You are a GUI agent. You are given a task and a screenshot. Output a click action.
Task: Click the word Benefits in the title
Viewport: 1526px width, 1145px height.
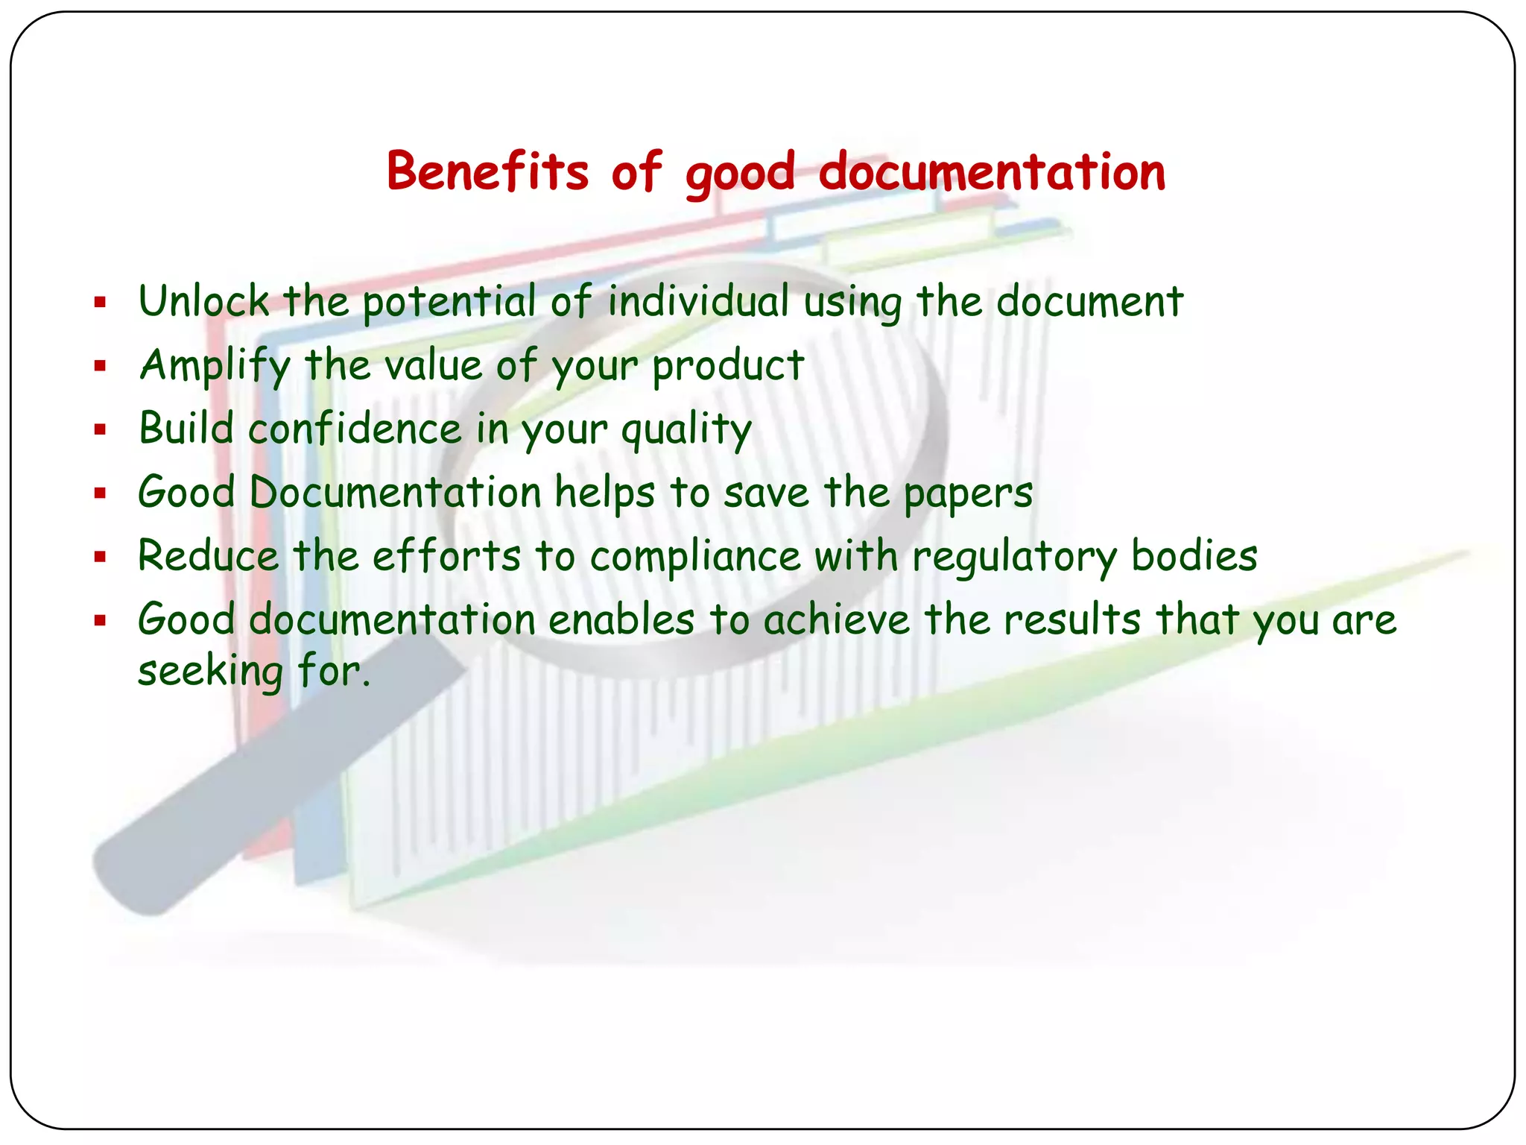(487, 171)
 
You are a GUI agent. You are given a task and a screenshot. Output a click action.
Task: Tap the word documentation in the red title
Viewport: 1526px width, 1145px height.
(992, 171)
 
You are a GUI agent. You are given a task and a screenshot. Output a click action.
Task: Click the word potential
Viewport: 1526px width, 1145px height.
(449, 302)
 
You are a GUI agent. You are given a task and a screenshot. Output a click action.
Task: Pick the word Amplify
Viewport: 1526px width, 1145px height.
(215, 365)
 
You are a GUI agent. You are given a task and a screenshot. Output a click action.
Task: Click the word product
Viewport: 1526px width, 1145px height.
(728, 365)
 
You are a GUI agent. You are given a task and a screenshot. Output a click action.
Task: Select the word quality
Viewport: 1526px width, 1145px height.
(686, 430)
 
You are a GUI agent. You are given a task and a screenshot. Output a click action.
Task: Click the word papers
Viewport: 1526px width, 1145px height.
(968, 493)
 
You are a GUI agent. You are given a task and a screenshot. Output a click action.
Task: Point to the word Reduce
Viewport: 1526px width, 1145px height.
(208, 556)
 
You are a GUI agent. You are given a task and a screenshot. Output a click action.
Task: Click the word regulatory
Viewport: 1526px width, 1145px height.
(1016, 557)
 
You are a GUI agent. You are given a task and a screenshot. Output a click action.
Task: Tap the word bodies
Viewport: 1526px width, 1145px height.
(1194, 556)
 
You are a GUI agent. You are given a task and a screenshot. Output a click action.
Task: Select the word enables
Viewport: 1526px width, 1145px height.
(621, 619)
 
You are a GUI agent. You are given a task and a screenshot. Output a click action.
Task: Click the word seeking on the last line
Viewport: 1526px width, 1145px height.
(210, 671)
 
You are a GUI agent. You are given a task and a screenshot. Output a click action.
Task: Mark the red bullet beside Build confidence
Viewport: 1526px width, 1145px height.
(101, 429)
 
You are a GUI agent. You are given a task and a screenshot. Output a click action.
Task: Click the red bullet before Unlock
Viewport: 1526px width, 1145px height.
(101, 302)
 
